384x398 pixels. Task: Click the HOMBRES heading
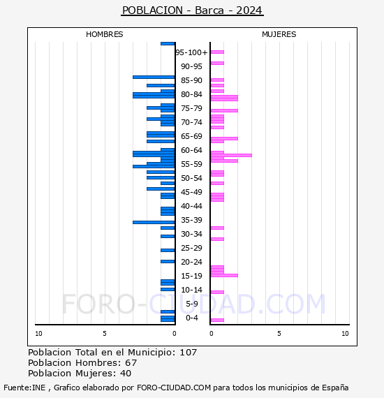point(104,34)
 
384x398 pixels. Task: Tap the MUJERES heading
point(279,34)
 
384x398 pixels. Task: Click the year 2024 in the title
point(249,10)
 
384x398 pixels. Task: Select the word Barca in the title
point(209,10)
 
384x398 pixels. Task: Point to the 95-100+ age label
point(191,52)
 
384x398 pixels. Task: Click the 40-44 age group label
point(191,206)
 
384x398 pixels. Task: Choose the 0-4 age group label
point(192,318)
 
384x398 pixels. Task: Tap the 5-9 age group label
point(192,304)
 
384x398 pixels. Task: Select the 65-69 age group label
point(191,136)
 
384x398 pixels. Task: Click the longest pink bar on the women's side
point(231,155)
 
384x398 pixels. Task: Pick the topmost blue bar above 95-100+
point(168,44)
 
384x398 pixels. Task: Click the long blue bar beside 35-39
point(154,222)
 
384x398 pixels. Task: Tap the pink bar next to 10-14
point(217,292)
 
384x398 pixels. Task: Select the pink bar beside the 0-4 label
point(217,320)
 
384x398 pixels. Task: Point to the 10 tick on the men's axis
point(38,334)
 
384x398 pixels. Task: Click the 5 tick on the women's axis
point(279,334)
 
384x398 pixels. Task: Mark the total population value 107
point(189,353)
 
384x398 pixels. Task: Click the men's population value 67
point(131,362)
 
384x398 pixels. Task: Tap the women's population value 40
point(126,373)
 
